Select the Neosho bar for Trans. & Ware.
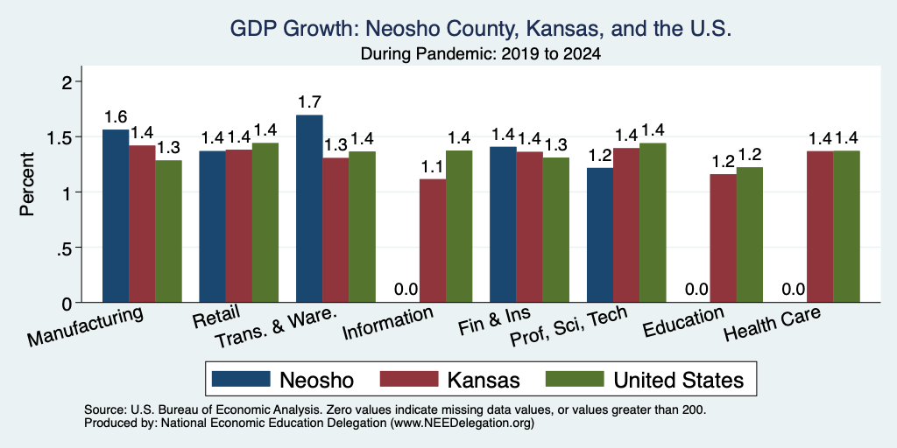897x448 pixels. pos(309,208)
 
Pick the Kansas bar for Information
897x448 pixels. pos(433,241)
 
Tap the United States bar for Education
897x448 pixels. pos(750,234)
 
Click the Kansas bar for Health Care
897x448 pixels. pos(820,227)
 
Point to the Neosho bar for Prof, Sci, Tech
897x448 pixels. pos(600,234)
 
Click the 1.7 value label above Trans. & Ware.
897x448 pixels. pos(309,102)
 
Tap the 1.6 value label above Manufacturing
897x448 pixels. pos(116,117)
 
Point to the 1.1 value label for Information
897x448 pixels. pos(433,167)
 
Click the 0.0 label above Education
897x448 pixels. pos(696,289)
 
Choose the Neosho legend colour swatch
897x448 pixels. pos(241,379)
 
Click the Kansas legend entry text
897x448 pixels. pos(484,380)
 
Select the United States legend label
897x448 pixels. pos(679,380)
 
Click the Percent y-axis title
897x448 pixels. pos(26,184)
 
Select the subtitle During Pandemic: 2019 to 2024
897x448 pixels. pos(481,55)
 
